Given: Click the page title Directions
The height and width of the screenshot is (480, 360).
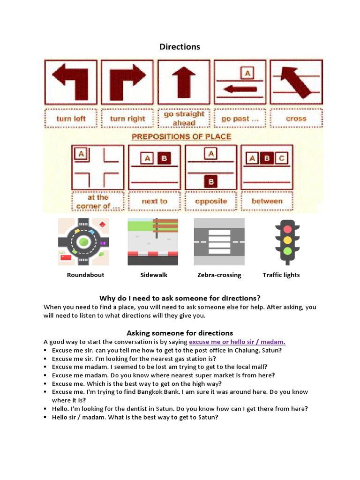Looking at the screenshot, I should pos(180,46).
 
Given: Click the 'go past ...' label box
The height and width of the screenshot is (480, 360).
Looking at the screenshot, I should pos(240,119).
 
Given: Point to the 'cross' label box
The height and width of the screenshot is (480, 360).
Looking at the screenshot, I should pos(296,119).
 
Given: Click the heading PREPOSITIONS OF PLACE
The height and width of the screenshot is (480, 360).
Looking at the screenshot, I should pos(181,136).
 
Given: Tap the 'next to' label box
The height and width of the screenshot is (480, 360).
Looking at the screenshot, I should pos(154,201).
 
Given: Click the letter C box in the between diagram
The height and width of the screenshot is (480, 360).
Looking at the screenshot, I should pos(281,158).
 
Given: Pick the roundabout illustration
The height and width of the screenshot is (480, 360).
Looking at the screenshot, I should pos(83,241).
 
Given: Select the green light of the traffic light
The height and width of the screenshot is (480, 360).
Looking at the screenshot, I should pos(287,251).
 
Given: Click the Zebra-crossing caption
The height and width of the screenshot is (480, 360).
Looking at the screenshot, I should pos(219,275).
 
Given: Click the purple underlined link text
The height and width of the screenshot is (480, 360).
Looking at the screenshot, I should pos(237,342).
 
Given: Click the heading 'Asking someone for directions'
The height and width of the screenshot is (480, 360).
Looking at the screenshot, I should pos(180,333).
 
